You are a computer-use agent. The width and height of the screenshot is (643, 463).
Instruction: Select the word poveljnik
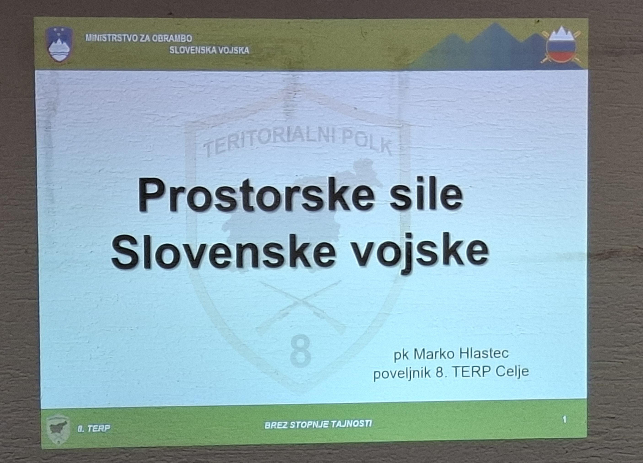point(402,373)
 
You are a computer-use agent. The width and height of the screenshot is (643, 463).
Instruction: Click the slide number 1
point(565,419)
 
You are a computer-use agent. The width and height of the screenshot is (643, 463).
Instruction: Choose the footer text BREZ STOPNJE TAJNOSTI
point(318,424)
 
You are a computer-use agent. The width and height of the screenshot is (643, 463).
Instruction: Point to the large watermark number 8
point(301,351)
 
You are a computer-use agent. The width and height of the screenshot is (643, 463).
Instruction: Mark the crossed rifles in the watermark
point(301,307)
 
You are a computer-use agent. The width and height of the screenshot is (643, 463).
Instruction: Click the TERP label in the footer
point(94,428)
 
